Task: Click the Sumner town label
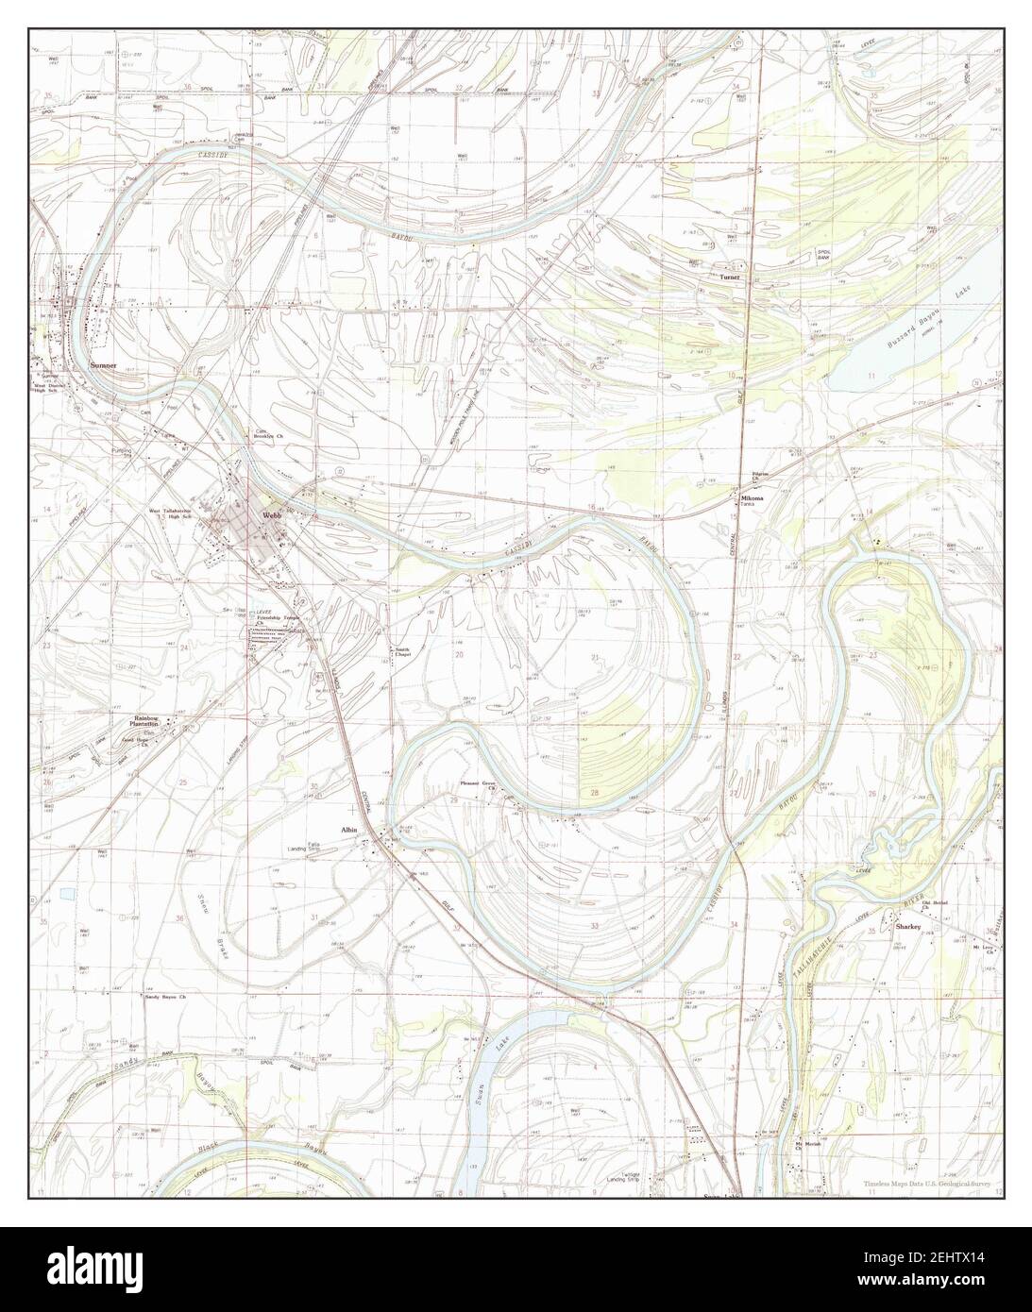tap(103, 363)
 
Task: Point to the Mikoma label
tap(752, 496)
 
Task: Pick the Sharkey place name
tap(907, 928)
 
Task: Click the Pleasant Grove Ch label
tap(478, 782)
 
